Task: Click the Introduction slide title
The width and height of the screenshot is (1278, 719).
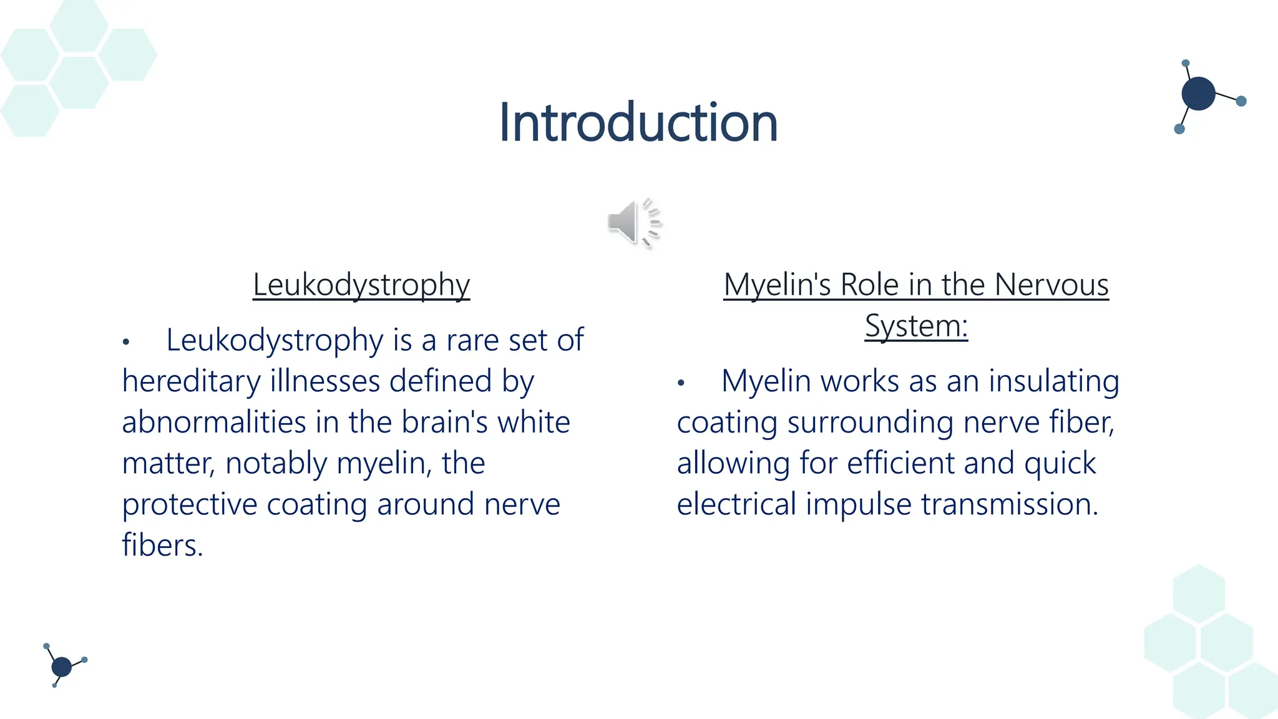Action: click(x=638, y=122)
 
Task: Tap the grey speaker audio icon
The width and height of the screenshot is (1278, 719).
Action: click(x=633, y=223)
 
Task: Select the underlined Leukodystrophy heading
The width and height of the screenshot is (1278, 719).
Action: click(x=361, y=285)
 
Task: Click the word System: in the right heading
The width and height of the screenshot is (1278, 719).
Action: click(x=916, y=326)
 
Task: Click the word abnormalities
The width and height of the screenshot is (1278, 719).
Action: click(x=213, y=422)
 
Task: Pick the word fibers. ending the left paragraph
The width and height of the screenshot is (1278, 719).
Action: click(x=162, y=545)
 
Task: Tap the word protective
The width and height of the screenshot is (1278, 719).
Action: click(x=189, y=504)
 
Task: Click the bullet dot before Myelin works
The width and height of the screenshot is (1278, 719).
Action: click(x=681, y=383)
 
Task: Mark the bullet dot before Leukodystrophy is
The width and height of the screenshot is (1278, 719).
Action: click(x=126, y=342)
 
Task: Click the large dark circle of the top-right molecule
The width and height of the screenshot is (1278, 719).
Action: click(x=1198, y=94)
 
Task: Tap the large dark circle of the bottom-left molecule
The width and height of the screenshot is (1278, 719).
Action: click(x=61, y=667)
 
